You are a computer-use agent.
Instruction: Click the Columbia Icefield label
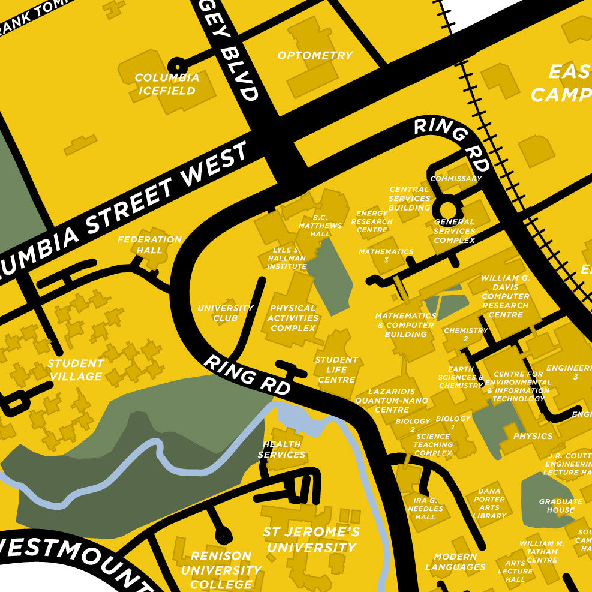167,84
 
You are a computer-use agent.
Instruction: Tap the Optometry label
315,55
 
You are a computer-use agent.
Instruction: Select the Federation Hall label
149,244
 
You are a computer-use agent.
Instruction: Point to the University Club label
226,313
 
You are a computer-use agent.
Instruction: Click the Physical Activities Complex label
293,318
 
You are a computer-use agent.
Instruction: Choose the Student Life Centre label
336,369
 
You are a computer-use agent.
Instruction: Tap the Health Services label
282,449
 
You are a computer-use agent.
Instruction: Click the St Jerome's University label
311,540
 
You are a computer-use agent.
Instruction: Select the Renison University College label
221,570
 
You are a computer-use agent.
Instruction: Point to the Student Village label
76,370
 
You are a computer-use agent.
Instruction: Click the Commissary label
456,179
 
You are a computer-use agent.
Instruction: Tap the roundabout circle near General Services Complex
447,209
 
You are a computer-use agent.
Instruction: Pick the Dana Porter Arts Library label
489,503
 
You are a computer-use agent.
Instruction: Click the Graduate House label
561,506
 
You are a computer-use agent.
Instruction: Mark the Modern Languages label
455,561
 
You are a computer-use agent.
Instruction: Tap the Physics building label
533,436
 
